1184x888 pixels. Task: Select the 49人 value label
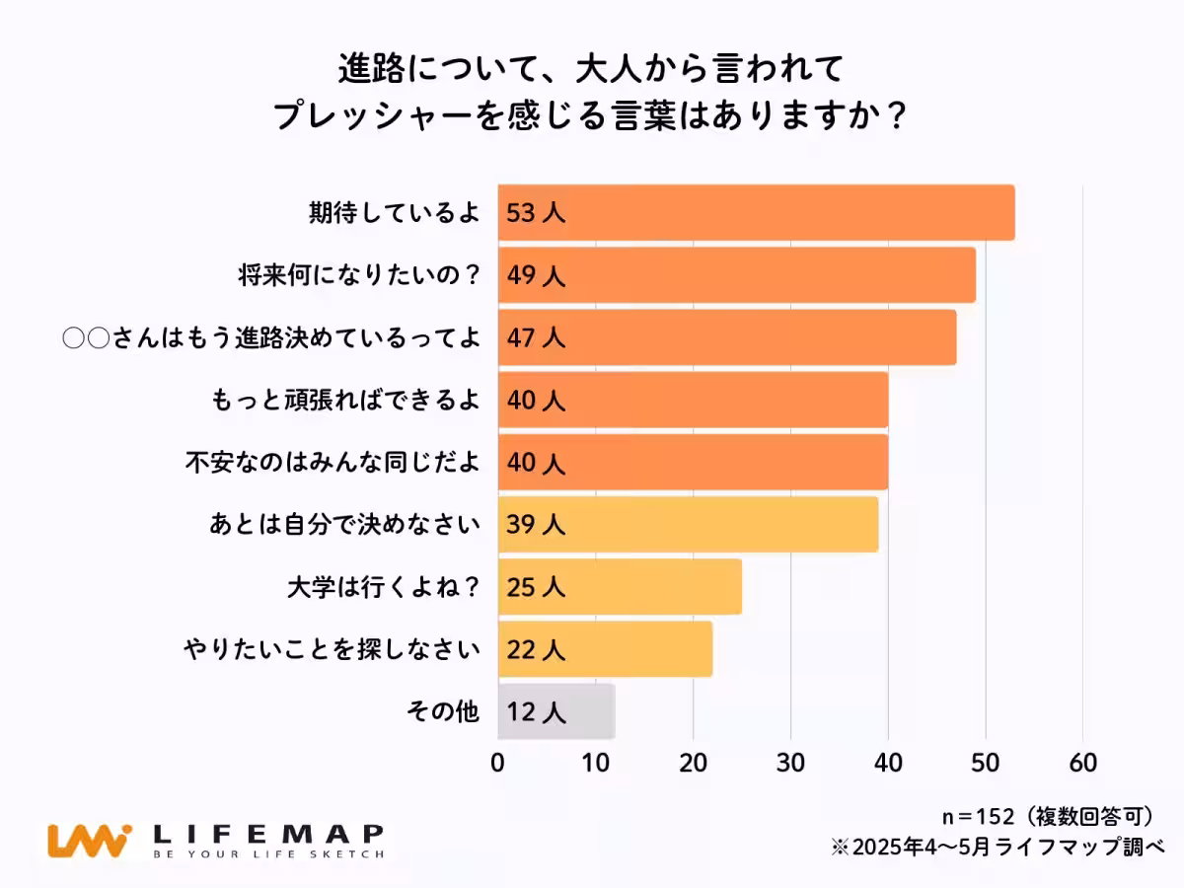pyautogui.click(x=536, y=275)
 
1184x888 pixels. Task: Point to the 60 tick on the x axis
pyautogui.click(x=1082, y=763)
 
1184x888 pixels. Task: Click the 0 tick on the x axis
pyautogui.click(x=498, y=763)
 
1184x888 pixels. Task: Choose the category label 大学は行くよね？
pyautogui.click(x=383, y=587)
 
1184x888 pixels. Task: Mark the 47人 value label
pyautogui.click(x=536, y=337)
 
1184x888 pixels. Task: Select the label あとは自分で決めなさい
pyautogui.click(x=343, y=525)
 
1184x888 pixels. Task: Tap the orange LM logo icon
pyautogui.click(x=89, y=840)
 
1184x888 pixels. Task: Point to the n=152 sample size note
pyautogui.click(x=977, y=816)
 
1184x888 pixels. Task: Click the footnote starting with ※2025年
pyautogui.click(x=998, y=847)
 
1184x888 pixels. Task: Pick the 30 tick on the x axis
pyautogui.click(x=790, y=763)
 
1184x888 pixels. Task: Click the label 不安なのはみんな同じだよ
pyautogui.click(x=333, y=463)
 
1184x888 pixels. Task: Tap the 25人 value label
pyautogui.click(x=536, y=587)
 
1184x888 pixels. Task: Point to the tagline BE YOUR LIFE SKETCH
pyautogui.click(x=268, y=854)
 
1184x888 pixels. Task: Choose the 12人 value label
pyautogui.click(x=536, y=711)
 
